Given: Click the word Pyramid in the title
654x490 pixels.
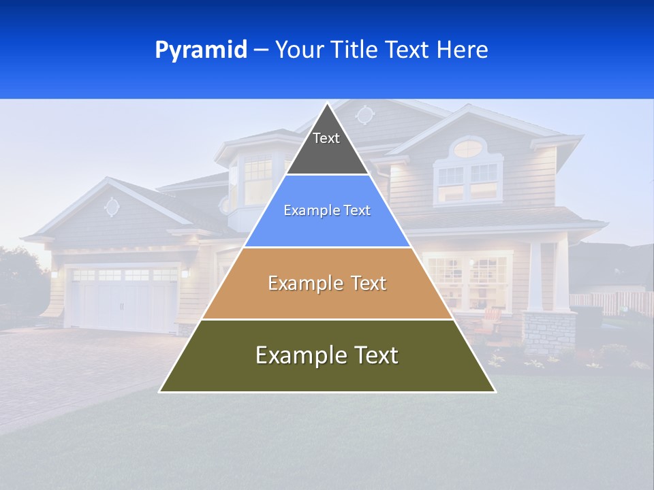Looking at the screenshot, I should [x=201, y=50].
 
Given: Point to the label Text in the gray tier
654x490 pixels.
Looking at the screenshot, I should [x=326, y=138].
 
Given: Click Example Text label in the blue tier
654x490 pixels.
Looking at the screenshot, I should [x=327, y=210].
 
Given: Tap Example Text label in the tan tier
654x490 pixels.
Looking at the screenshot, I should [x=327, y=283].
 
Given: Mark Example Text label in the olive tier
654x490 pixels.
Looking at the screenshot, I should [x=327, y=355].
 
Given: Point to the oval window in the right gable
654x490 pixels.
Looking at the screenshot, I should [x=467, y=148].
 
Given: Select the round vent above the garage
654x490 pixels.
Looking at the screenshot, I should [x=112, y=206].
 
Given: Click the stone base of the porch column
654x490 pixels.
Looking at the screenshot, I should [x=549, y=333].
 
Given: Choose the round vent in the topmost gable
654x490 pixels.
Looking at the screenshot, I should [x=365, y=115].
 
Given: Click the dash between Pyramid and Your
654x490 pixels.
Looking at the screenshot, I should [x=261, y=50].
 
